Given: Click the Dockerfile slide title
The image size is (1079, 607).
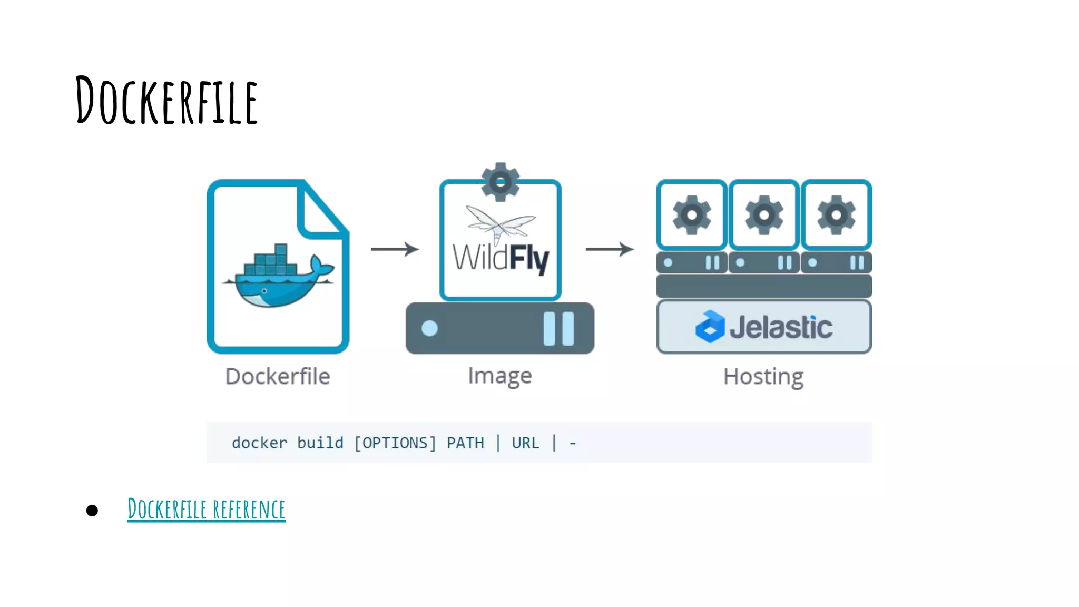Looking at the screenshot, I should pos(166,100).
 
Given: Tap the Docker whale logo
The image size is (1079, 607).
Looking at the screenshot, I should pos(278,278).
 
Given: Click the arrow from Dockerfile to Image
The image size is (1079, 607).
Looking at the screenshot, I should pos(394,249).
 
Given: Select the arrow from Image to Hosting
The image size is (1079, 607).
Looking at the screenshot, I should pos(610,249).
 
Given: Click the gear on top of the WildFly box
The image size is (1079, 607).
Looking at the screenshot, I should pos(501,182).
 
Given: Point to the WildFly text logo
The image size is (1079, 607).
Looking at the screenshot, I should pos(501,258).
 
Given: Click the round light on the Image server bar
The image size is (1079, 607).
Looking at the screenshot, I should pos(429,328).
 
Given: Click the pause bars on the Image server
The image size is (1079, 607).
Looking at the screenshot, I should pos(558,328).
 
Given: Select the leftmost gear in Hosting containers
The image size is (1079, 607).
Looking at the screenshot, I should pos(692,215).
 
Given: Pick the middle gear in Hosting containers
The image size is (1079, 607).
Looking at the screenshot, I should pos(764,215).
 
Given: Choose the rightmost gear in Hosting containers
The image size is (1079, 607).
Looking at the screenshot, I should pos(836,215).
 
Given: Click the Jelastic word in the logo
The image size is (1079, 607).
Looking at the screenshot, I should pos(781,327).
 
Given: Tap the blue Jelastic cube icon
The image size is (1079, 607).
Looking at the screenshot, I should pos(710,327).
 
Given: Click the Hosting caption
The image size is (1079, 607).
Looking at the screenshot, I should pos(763,377).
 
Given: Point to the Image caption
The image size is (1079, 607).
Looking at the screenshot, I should pos(500,376).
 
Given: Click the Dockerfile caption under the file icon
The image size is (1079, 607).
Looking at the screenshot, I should pos(278,377).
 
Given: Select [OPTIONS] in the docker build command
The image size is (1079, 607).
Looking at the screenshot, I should pos(395,443).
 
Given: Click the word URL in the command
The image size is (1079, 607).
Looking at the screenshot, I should pos(525,443).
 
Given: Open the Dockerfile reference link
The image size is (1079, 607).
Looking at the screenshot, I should pos(207,510).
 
